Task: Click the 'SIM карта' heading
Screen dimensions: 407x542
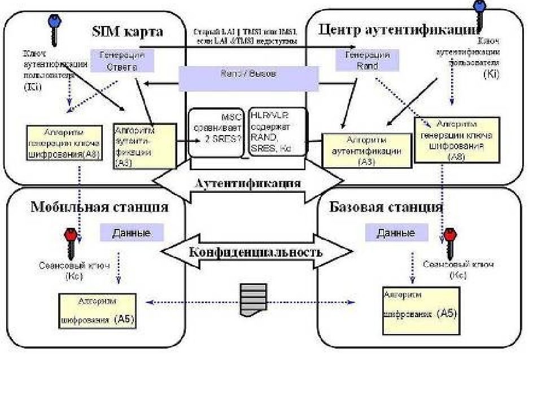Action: pyautogui.click(x=128, y=31)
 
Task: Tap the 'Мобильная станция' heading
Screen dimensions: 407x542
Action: pyautogui.click(x=99, y=207)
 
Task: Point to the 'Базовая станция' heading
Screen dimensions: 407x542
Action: pyautogui.click(x=386, y=207)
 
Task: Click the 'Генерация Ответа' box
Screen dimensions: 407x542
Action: pyautogui.click(x=123, y=60)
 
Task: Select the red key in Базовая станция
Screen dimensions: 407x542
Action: pyautogui.click(x=451, y=240)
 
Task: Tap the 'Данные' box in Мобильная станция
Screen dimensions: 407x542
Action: pyautogui.click(x=132, y=232)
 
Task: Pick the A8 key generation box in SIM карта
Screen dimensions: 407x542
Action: pyautogui.click(x=64, y=143)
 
